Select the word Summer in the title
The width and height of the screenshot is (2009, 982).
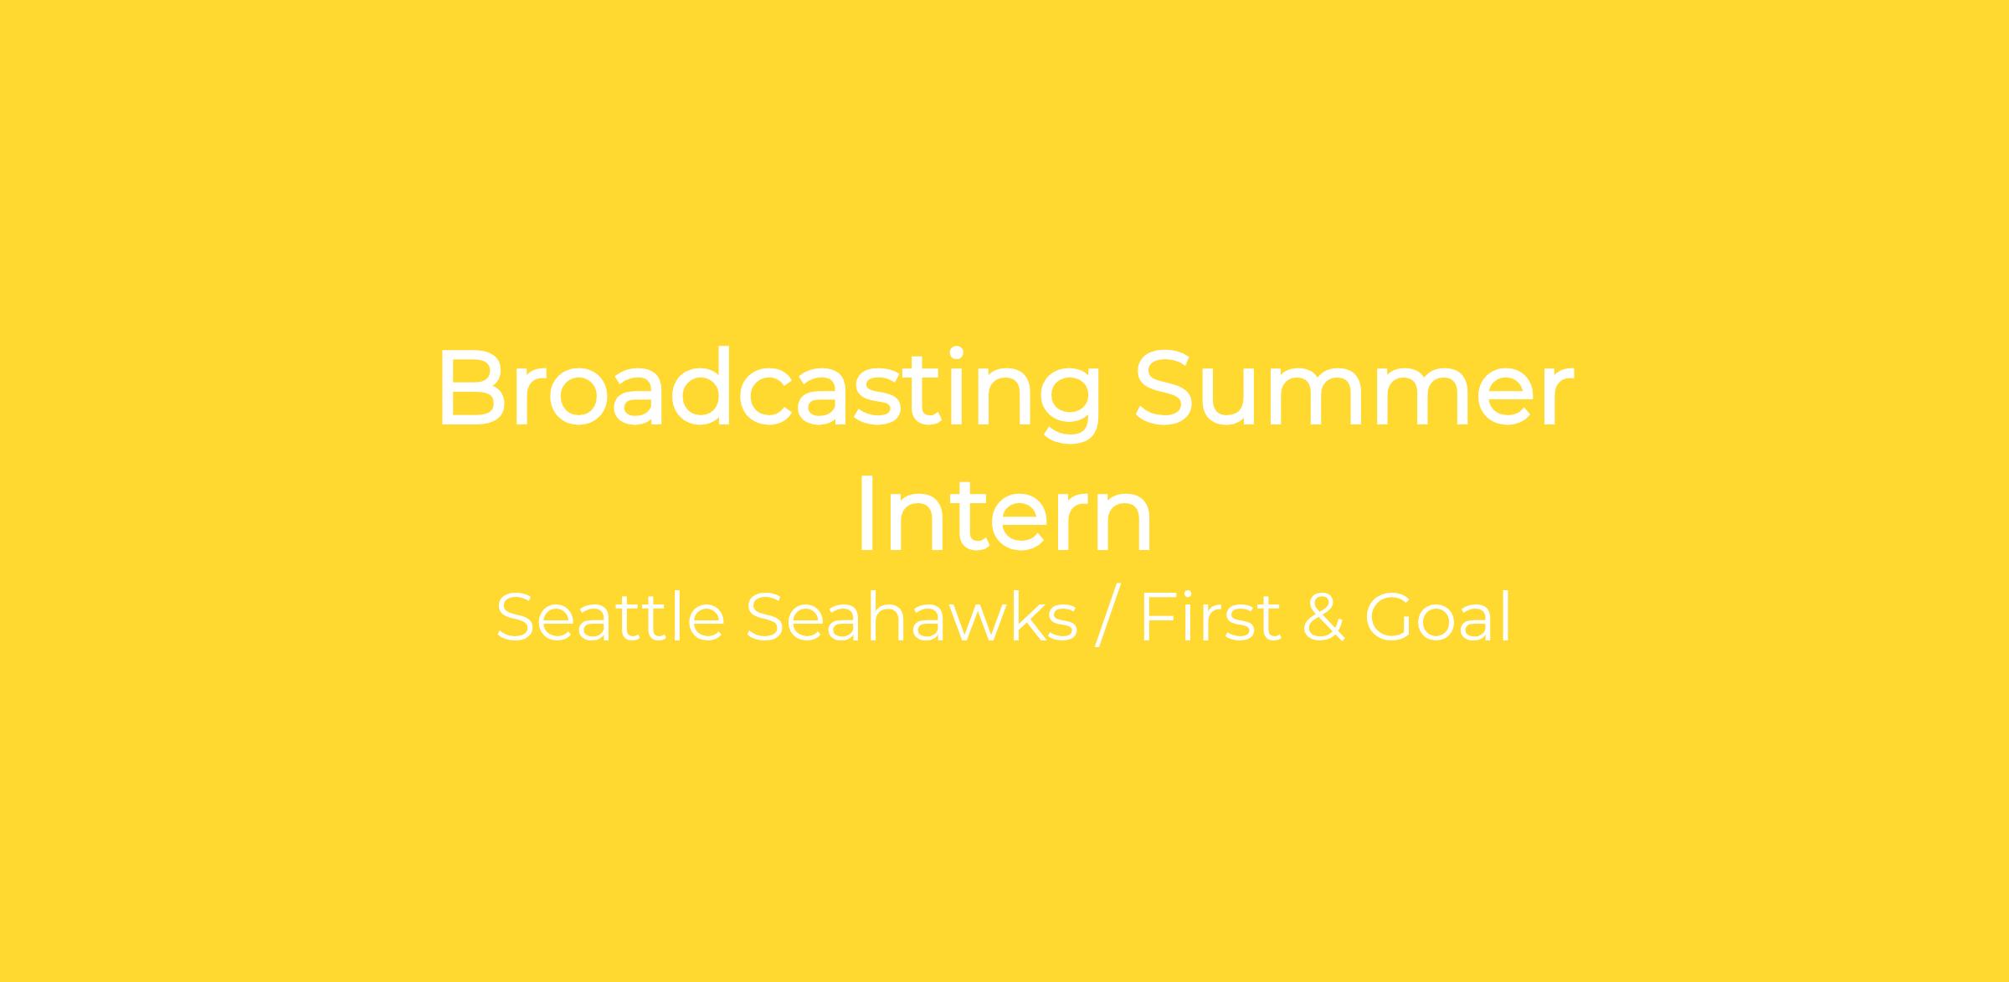click(x=1354, y=387)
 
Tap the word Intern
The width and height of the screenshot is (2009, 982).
click(x=1004, y=514)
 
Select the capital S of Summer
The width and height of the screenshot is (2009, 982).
click(x=1167, y=388)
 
